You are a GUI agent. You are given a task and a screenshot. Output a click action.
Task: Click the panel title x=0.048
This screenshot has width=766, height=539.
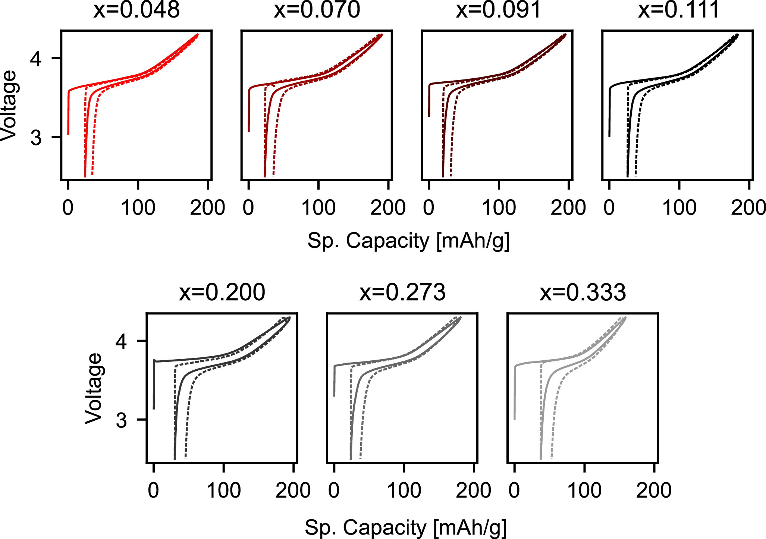136,10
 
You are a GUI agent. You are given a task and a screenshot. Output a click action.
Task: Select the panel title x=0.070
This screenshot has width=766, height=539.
317,10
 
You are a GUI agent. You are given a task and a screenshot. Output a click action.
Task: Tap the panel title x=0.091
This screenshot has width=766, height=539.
498,10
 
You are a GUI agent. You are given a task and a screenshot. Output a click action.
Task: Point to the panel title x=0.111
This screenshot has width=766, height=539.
679,10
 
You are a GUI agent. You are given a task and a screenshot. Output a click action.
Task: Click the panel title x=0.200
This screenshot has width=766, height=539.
222,292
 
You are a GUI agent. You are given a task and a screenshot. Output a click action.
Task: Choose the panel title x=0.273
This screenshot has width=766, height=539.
402,292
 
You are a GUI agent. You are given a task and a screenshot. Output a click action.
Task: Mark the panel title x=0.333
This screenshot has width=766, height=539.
583,292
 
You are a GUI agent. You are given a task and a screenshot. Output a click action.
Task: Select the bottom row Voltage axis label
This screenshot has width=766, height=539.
94,388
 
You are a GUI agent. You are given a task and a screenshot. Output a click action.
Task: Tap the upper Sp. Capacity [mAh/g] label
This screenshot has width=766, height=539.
408,241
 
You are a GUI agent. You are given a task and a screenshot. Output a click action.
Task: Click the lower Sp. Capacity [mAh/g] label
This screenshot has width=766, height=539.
406,527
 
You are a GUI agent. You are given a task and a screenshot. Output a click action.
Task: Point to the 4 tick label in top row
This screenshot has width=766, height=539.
36,58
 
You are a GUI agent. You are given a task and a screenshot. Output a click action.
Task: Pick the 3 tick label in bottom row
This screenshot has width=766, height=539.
121,420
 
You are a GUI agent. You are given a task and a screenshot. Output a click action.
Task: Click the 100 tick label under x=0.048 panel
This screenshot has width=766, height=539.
138,208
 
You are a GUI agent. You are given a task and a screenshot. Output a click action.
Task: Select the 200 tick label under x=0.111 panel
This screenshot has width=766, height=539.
748,208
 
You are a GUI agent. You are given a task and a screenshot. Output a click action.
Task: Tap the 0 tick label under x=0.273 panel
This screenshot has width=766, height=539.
334,491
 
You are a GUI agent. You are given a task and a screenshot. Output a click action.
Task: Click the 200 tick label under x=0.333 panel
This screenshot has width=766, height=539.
654,491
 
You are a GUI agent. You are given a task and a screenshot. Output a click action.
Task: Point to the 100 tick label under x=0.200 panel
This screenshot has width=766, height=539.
223,491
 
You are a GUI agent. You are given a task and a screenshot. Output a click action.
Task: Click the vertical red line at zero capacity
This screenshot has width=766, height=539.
68,112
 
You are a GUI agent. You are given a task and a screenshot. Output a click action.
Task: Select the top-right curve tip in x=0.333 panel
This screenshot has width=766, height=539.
625,318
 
